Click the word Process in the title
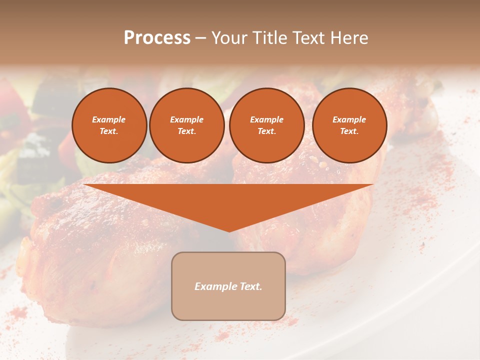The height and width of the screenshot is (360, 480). click(157, 38)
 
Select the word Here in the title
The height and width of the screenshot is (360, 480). click(349, 38)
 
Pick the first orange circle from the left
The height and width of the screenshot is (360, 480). click(109, 125)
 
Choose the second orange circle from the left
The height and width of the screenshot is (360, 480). click(187, 125)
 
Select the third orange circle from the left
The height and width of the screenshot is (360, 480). click(267, 125)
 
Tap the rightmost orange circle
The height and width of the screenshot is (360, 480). click(349, 125)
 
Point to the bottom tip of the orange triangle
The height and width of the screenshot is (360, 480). click(229, 230)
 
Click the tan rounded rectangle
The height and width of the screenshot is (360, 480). click(228, 286)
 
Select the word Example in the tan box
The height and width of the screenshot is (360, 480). click(215, 286)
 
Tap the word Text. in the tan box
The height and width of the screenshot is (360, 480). click(250, 286)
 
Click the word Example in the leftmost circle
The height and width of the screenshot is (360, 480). click(109, 119)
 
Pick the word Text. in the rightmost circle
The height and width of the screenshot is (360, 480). click(349, 131)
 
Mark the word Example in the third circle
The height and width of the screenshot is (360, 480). click(267, 119)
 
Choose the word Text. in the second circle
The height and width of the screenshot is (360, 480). click(187, 131)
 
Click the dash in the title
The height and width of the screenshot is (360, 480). click(201, 38)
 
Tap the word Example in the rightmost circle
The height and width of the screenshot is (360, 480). click(349, 119)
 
